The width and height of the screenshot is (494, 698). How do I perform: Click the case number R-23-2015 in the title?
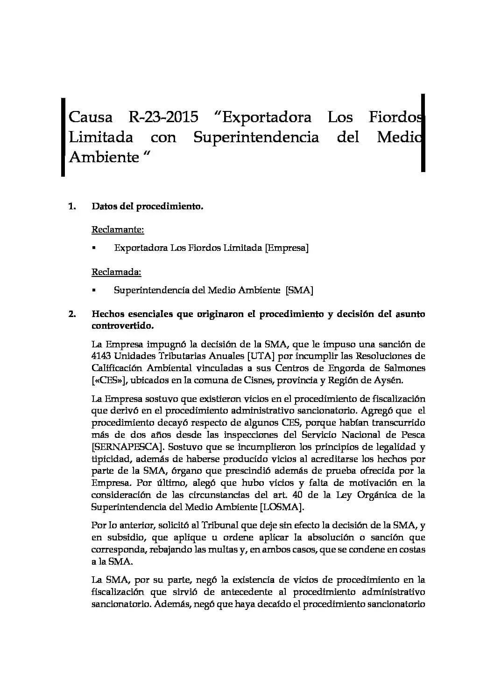click(x=163, y=117)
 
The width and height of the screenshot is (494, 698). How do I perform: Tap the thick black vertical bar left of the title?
click(x=63, y=137)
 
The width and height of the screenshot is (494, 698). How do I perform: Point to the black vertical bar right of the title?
click(x=423, y=133)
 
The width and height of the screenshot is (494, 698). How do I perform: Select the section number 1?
click(x=72, y=206)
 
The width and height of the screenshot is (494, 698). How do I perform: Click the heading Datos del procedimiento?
click(x=147, y=206)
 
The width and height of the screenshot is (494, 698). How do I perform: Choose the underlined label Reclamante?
click(x=118, y=229)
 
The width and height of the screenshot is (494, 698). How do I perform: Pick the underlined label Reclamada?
click(x=116, y=271)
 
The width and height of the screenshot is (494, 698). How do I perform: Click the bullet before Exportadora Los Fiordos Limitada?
click(x=94, y=248)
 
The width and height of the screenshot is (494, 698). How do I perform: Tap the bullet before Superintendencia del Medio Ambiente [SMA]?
click(x=94, y=290)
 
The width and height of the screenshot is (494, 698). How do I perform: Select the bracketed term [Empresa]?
click(x=287, y=248)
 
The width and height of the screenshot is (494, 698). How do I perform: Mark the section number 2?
click(x=72, y=314)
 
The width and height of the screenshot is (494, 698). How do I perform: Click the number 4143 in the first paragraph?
click(x=101, y=356)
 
